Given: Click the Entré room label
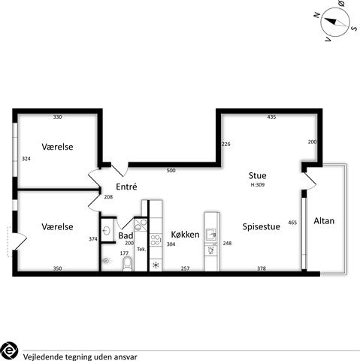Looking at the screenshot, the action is click(x=126, y=187).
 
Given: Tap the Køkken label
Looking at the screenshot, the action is click(x=185, y=235).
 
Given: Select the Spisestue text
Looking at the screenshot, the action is click(x=262, y=226).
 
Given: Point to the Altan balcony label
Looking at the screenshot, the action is click(x=324, y=221).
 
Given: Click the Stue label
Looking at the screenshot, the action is click(x=257, y=175).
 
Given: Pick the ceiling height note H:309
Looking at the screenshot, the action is click(x=258, y=185).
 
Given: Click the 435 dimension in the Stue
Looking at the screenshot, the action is click(x=271, y=117).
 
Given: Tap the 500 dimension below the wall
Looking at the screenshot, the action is click(x=171, y=171).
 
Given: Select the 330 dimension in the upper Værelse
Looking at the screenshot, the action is click(x=57, y=117).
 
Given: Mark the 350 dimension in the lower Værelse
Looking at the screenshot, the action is click(x=57, y=268).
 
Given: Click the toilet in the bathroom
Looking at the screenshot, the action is click(x=127, y=264).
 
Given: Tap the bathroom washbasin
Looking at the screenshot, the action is click(x=107, y=231).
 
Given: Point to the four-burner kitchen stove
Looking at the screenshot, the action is click(x=156, y=240).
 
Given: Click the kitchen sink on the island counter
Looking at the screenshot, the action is click(x=211, y=235).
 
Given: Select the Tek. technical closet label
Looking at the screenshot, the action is click(x=141, y=250).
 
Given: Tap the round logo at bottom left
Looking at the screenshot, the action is click(x=9, y=350).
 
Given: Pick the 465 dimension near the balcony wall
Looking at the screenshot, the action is click(x=292, y=223).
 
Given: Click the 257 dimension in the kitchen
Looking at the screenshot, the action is click(x=185, y=268).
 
